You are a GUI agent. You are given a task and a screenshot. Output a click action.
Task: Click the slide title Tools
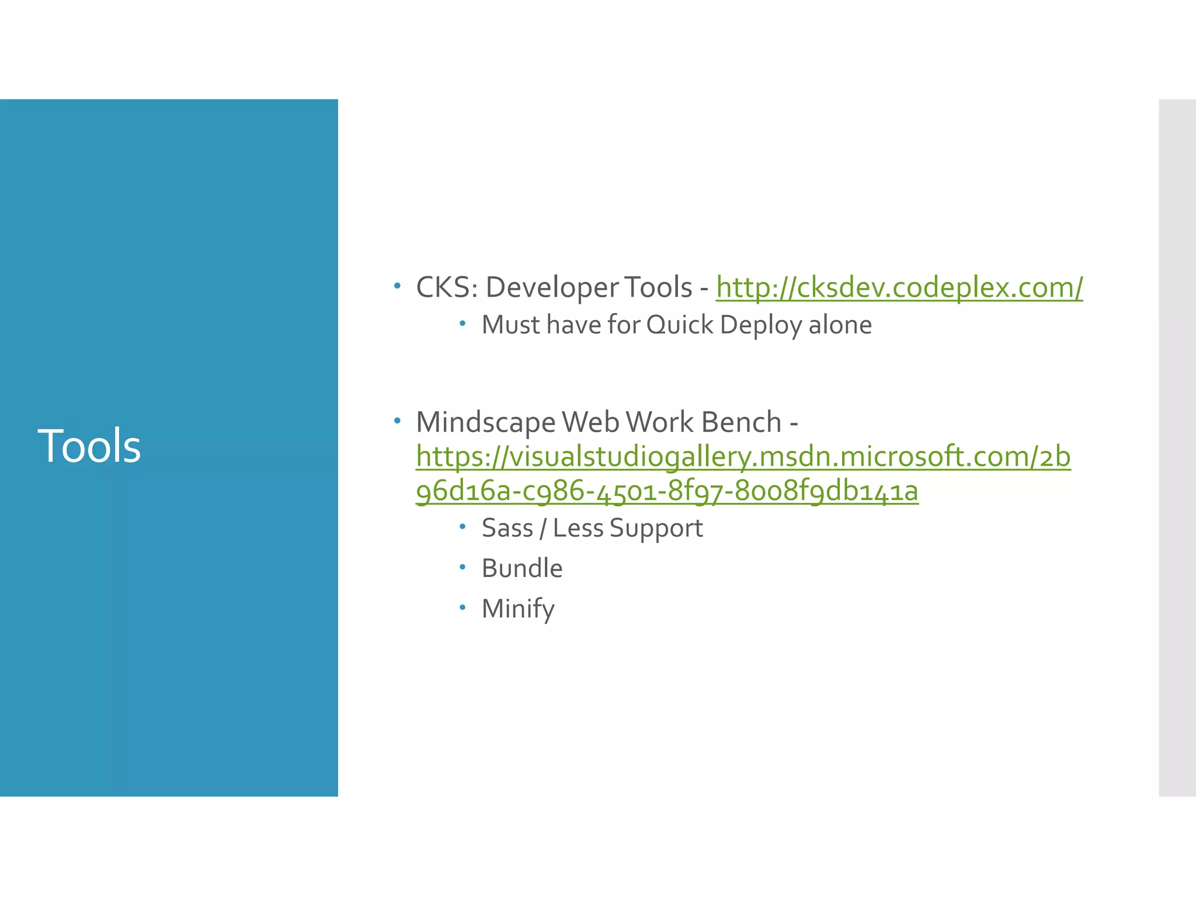click(89, 446)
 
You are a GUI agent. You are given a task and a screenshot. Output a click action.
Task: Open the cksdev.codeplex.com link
click(899, 287)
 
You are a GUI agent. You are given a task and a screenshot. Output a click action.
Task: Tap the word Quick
click(680, 325)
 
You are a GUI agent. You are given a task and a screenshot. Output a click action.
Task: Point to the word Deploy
click(761, 325)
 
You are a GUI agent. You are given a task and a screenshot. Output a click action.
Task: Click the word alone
click(840, 325)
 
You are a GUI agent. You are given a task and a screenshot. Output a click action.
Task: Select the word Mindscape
click(485, 422)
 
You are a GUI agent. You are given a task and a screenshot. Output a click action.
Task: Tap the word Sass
click(507, 528)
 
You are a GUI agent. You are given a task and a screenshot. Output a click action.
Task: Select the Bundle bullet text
click(522, 568)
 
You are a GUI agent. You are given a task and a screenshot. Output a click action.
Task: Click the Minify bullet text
click(518, 609)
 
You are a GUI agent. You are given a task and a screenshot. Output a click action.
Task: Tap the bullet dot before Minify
click(463, 608)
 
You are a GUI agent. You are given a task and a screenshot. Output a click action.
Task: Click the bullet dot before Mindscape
click(397, 420)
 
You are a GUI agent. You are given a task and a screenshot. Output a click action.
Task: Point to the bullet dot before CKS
click(397, 286)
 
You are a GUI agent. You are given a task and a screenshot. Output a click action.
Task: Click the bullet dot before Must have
click(463, 324)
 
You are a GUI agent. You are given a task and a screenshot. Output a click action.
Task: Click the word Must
click(511, 325)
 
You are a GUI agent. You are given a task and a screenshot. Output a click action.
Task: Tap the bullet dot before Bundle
click(463, 567)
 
